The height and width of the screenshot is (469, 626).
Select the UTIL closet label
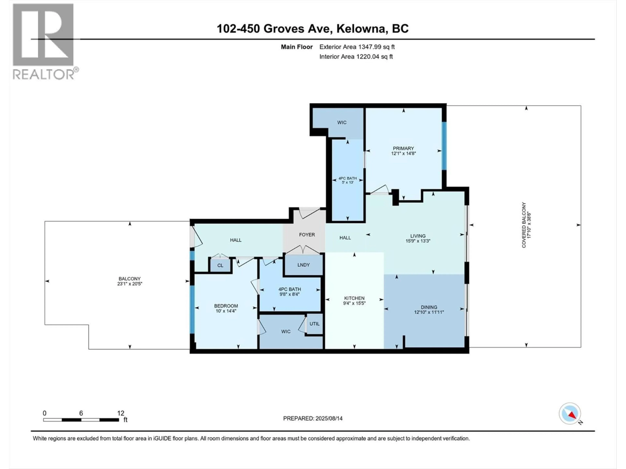click(314, 324)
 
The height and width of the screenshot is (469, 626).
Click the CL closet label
click(220, 265)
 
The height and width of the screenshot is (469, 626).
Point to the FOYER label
click(307, 235)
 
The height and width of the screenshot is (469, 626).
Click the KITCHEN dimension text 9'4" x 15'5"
click(354, 303)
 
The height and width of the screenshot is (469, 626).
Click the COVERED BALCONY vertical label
click(524, 225)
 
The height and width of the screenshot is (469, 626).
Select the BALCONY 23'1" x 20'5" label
click(130, 281)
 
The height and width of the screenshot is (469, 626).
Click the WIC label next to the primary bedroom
click(342, 122)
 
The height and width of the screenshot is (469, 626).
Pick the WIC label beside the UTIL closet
click(286, 332)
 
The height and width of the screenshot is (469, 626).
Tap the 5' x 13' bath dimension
click(348, 182)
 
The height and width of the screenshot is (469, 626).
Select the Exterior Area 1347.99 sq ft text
click(357, 47)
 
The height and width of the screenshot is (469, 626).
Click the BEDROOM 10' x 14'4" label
click(226, 308)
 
